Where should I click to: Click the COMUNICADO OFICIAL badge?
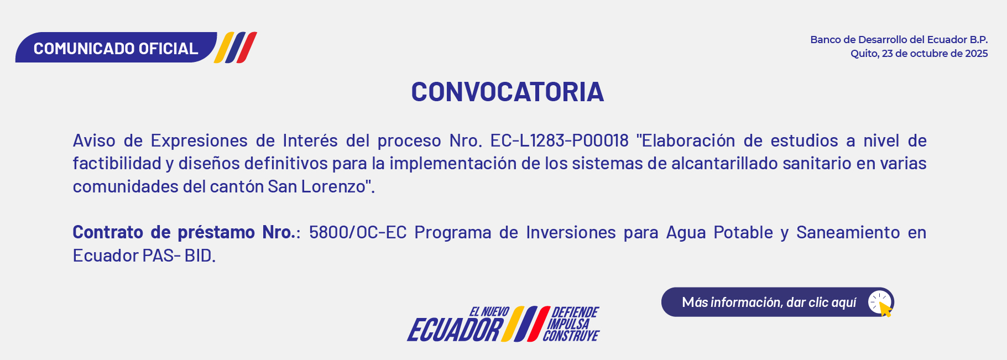[116, 48]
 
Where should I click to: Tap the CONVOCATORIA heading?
[507, 92]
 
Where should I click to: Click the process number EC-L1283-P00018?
[559, 140]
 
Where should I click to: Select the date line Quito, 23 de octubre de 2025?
[919, 54]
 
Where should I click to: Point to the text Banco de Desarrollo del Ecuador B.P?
[899, 40]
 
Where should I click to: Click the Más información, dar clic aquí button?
[778, 302]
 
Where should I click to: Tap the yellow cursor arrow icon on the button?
[885, 309]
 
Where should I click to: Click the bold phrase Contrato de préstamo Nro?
[184, 232]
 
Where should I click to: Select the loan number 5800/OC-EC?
[358, 232]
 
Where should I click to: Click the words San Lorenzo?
[317, 186]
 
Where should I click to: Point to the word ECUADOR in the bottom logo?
[455, 330]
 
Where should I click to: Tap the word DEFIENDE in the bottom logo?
[575, 312]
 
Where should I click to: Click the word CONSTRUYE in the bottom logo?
[571, 336]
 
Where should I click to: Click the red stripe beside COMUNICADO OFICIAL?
[247, 48]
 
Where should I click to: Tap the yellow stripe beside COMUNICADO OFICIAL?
[224, 48]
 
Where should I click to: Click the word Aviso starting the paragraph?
[94, 140]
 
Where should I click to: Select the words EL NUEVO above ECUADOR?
[489, 312]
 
